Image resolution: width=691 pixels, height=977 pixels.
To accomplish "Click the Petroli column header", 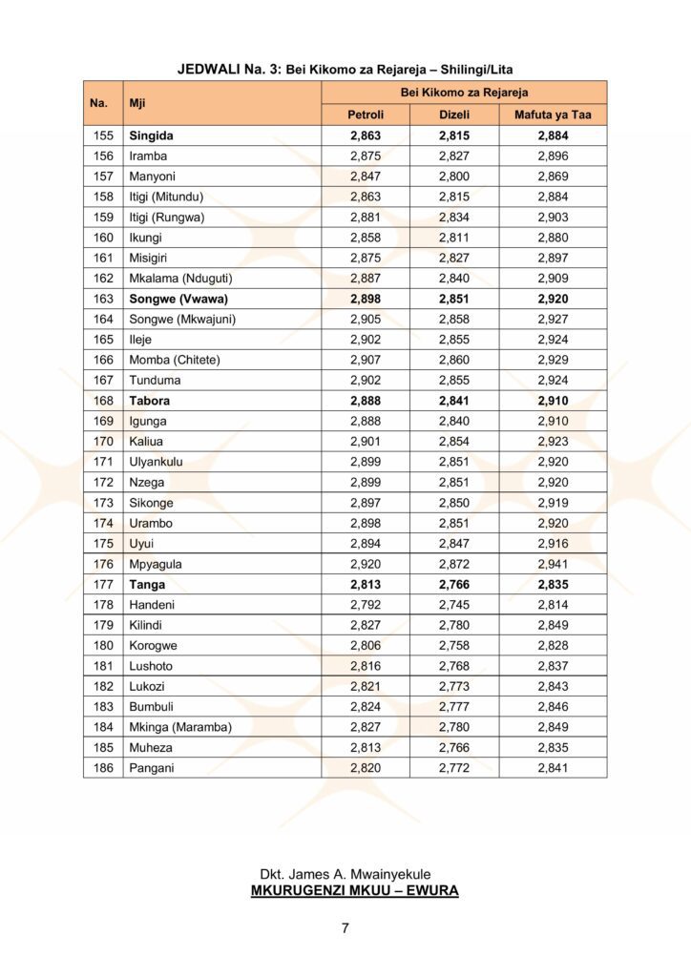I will click(x=366, y=115).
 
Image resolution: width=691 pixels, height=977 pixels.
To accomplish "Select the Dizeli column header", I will click(x=454, y=115).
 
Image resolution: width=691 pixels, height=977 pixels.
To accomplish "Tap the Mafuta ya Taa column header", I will click(x=553, y=115).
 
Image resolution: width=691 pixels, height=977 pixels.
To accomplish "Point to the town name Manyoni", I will click(x=153, y=177).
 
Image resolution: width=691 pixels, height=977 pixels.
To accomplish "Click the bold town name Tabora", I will click(x=150, y=401).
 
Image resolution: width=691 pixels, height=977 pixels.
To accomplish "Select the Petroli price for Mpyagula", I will click(x=366, y=564).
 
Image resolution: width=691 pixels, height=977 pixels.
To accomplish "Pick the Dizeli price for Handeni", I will click(x=454, y=604).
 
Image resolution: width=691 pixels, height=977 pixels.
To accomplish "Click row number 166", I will click(x=103, y=360).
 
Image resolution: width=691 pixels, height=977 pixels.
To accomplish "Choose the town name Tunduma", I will click(x=156, y=381).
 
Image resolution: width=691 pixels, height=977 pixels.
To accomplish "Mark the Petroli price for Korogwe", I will click(x=366, y=645).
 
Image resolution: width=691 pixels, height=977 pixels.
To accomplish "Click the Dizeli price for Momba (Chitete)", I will click(x=454, y=360).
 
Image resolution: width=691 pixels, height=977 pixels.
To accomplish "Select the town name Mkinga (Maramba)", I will click(x=180, y=726).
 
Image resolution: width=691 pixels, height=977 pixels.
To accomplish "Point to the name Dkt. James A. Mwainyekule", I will click(x=345, y=874).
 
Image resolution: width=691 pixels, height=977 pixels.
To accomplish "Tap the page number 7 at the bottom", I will click(x=345, y=928).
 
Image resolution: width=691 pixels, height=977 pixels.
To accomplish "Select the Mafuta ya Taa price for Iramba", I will click(x=553, y=156).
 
